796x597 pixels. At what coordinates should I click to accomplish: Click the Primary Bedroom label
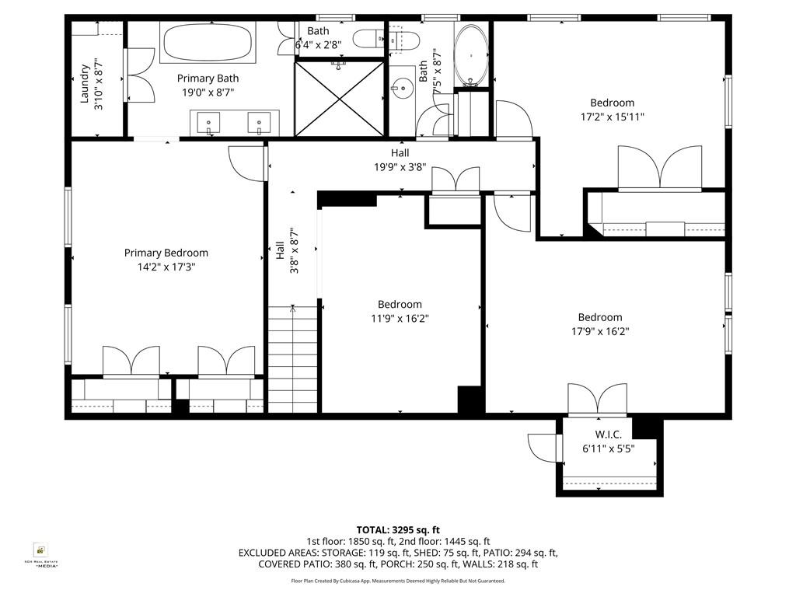tap(166, 253)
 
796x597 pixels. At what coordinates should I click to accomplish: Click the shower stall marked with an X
tap(340, 98)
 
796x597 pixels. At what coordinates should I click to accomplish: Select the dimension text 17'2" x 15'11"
tap(612, 117)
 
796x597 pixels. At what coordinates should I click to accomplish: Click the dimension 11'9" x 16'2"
tap(400, 318)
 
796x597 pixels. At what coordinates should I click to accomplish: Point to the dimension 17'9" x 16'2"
tap(599, 331)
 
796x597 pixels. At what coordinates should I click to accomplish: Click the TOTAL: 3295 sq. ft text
tap(397, 529)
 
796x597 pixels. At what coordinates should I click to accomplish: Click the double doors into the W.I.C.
tap(597, 400)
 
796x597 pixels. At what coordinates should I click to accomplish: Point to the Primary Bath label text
tap(208, 79)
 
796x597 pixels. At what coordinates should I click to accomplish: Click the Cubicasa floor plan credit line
tap(397, 581)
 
